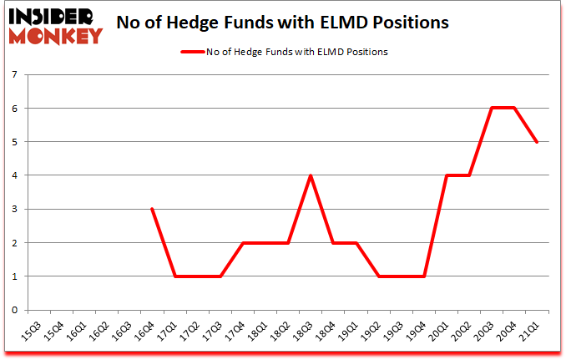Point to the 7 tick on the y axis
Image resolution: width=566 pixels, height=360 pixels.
15,75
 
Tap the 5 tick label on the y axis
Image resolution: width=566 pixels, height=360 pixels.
15,142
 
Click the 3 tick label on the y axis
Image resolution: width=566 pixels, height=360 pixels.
15,209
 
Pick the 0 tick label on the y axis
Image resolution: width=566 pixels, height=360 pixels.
15,310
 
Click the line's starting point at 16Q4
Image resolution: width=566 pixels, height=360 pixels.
151,209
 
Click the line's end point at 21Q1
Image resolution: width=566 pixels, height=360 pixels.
537,142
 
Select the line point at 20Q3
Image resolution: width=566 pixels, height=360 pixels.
493,109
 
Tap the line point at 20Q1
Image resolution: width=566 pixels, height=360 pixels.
448,175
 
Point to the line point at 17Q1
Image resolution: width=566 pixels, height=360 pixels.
174,276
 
